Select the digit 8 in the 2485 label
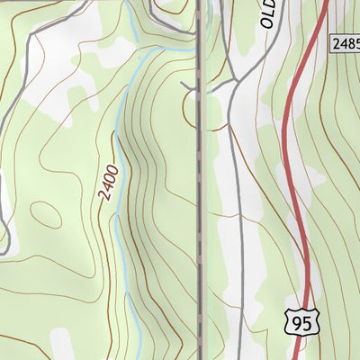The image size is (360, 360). click(347, 43)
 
